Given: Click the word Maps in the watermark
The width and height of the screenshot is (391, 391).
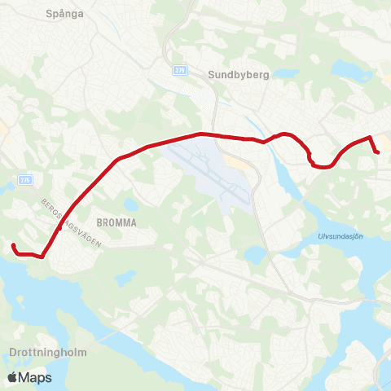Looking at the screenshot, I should tap(36, 377).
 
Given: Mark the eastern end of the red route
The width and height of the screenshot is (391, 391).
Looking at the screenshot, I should tap(378, 152).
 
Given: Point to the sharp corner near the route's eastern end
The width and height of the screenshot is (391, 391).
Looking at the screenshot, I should tap(371, 138).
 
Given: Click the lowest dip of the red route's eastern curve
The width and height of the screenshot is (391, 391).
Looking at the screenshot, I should tap(323, 167).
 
